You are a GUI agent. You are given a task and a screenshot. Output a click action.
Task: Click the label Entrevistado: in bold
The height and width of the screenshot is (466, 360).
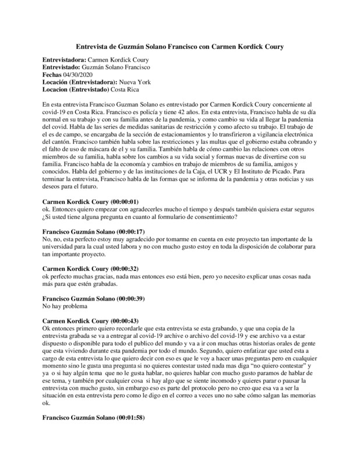61,68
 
